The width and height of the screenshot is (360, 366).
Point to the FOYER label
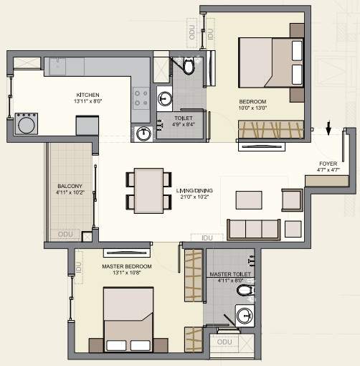328,164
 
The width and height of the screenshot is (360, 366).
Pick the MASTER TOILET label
229,275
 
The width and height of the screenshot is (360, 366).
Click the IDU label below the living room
209,236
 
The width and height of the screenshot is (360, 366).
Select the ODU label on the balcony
66,234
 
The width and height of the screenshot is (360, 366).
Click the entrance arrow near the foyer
328,129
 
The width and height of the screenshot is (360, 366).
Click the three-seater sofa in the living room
252,229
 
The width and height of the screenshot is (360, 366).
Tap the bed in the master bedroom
130,316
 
